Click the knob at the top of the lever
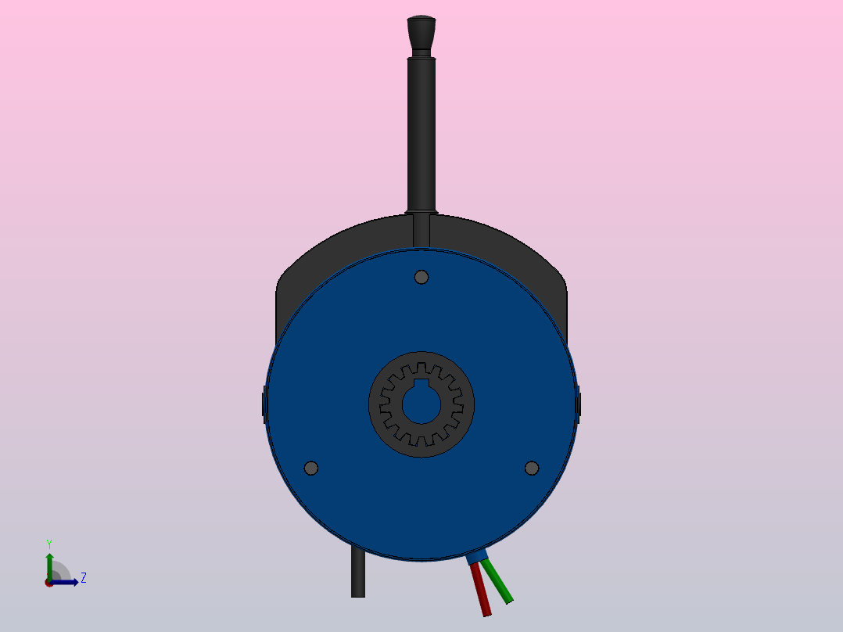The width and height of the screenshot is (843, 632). pyautogui.click(x=421, y=33)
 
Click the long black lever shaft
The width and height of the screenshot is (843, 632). pyautogui.click(x=421, y=133)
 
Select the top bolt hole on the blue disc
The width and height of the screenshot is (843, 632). pyautogui.click(x=421, y=277)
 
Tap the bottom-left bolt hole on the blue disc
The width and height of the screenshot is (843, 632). pyautogui.click(x=311, y=468)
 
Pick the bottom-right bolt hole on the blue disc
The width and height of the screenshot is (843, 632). pyautogui.click(x=532, y=468)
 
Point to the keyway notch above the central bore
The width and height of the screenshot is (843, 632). pyautogui.click(x=421, y=383)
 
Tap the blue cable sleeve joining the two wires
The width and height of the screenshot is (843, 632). pyautogui.click(x=476, y=557)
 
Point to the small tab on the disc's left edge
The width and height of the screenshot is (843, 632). pyautogui.click(x=263, y=403)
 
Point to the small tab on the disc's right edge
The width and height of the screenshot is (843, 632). pyautogui.click(x=579, y=403)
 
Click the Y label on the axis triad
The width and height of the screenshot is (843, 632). pyautogui.click(x=48, y=543)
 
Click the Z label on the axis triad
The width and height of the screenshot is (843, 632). pyautogui.click(x=83, y=578)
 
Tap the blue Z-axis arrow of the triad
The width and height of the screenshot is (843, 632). pyautogui.click(x=66, y=582)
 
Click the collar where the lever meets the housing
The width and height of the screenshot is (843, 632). pyautogui.click(x=421, y=212)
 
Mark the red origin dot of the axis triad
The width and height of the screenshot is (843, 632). pyautogui.click(x=48, y=583)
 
